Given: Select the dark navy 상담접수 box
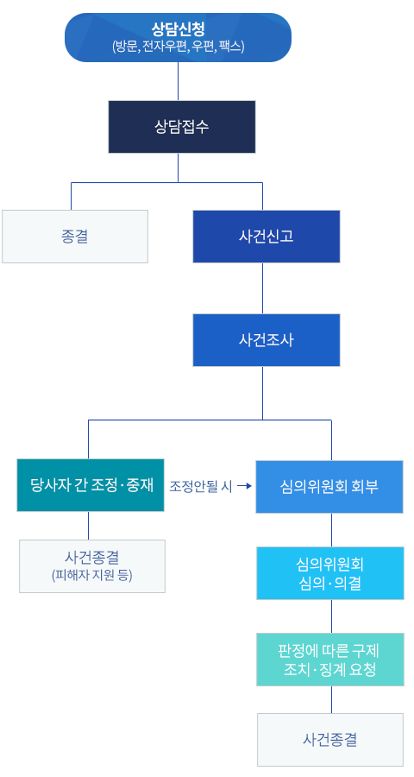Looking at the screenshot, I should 182,126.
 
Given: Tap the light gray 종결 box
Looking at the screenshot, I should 75,236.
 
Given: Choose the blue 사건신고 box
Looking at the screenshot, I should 266,236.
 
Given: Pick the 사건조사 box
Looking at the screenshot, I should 266,339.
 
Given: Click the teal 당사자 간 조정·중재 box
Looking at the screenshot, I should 91,485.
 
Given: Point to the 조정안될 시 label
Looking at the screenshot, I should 200,486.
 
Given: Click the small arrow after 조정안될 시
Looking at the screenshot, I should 243,486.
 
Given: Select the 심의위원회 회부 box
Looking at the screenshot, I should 329,487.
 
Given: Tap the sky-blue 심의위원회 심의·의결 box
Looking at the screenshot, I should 329,572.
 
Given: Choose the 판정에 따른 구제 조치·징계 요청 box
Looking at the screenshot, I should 329,660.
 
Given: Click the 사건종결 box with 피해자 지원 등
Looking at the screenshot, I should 91,565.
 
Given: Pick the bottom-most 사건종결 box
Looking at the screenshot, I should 329,739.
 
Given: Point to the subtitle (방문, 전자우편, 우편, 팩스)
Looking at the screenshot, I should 179,47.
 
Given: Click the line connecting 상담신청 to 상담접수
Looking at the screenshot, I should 179,81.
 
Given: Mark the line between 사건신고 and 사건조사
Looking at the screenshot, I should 262,287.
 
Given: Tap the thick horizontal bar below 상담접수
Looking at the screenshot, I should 166,182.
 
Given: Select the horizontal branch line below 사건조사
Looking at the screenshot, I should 210,420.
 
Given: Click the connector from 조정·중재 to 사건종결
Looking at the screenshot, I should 89,525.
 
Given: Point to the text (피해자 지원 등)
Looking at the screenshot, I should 91,575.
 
